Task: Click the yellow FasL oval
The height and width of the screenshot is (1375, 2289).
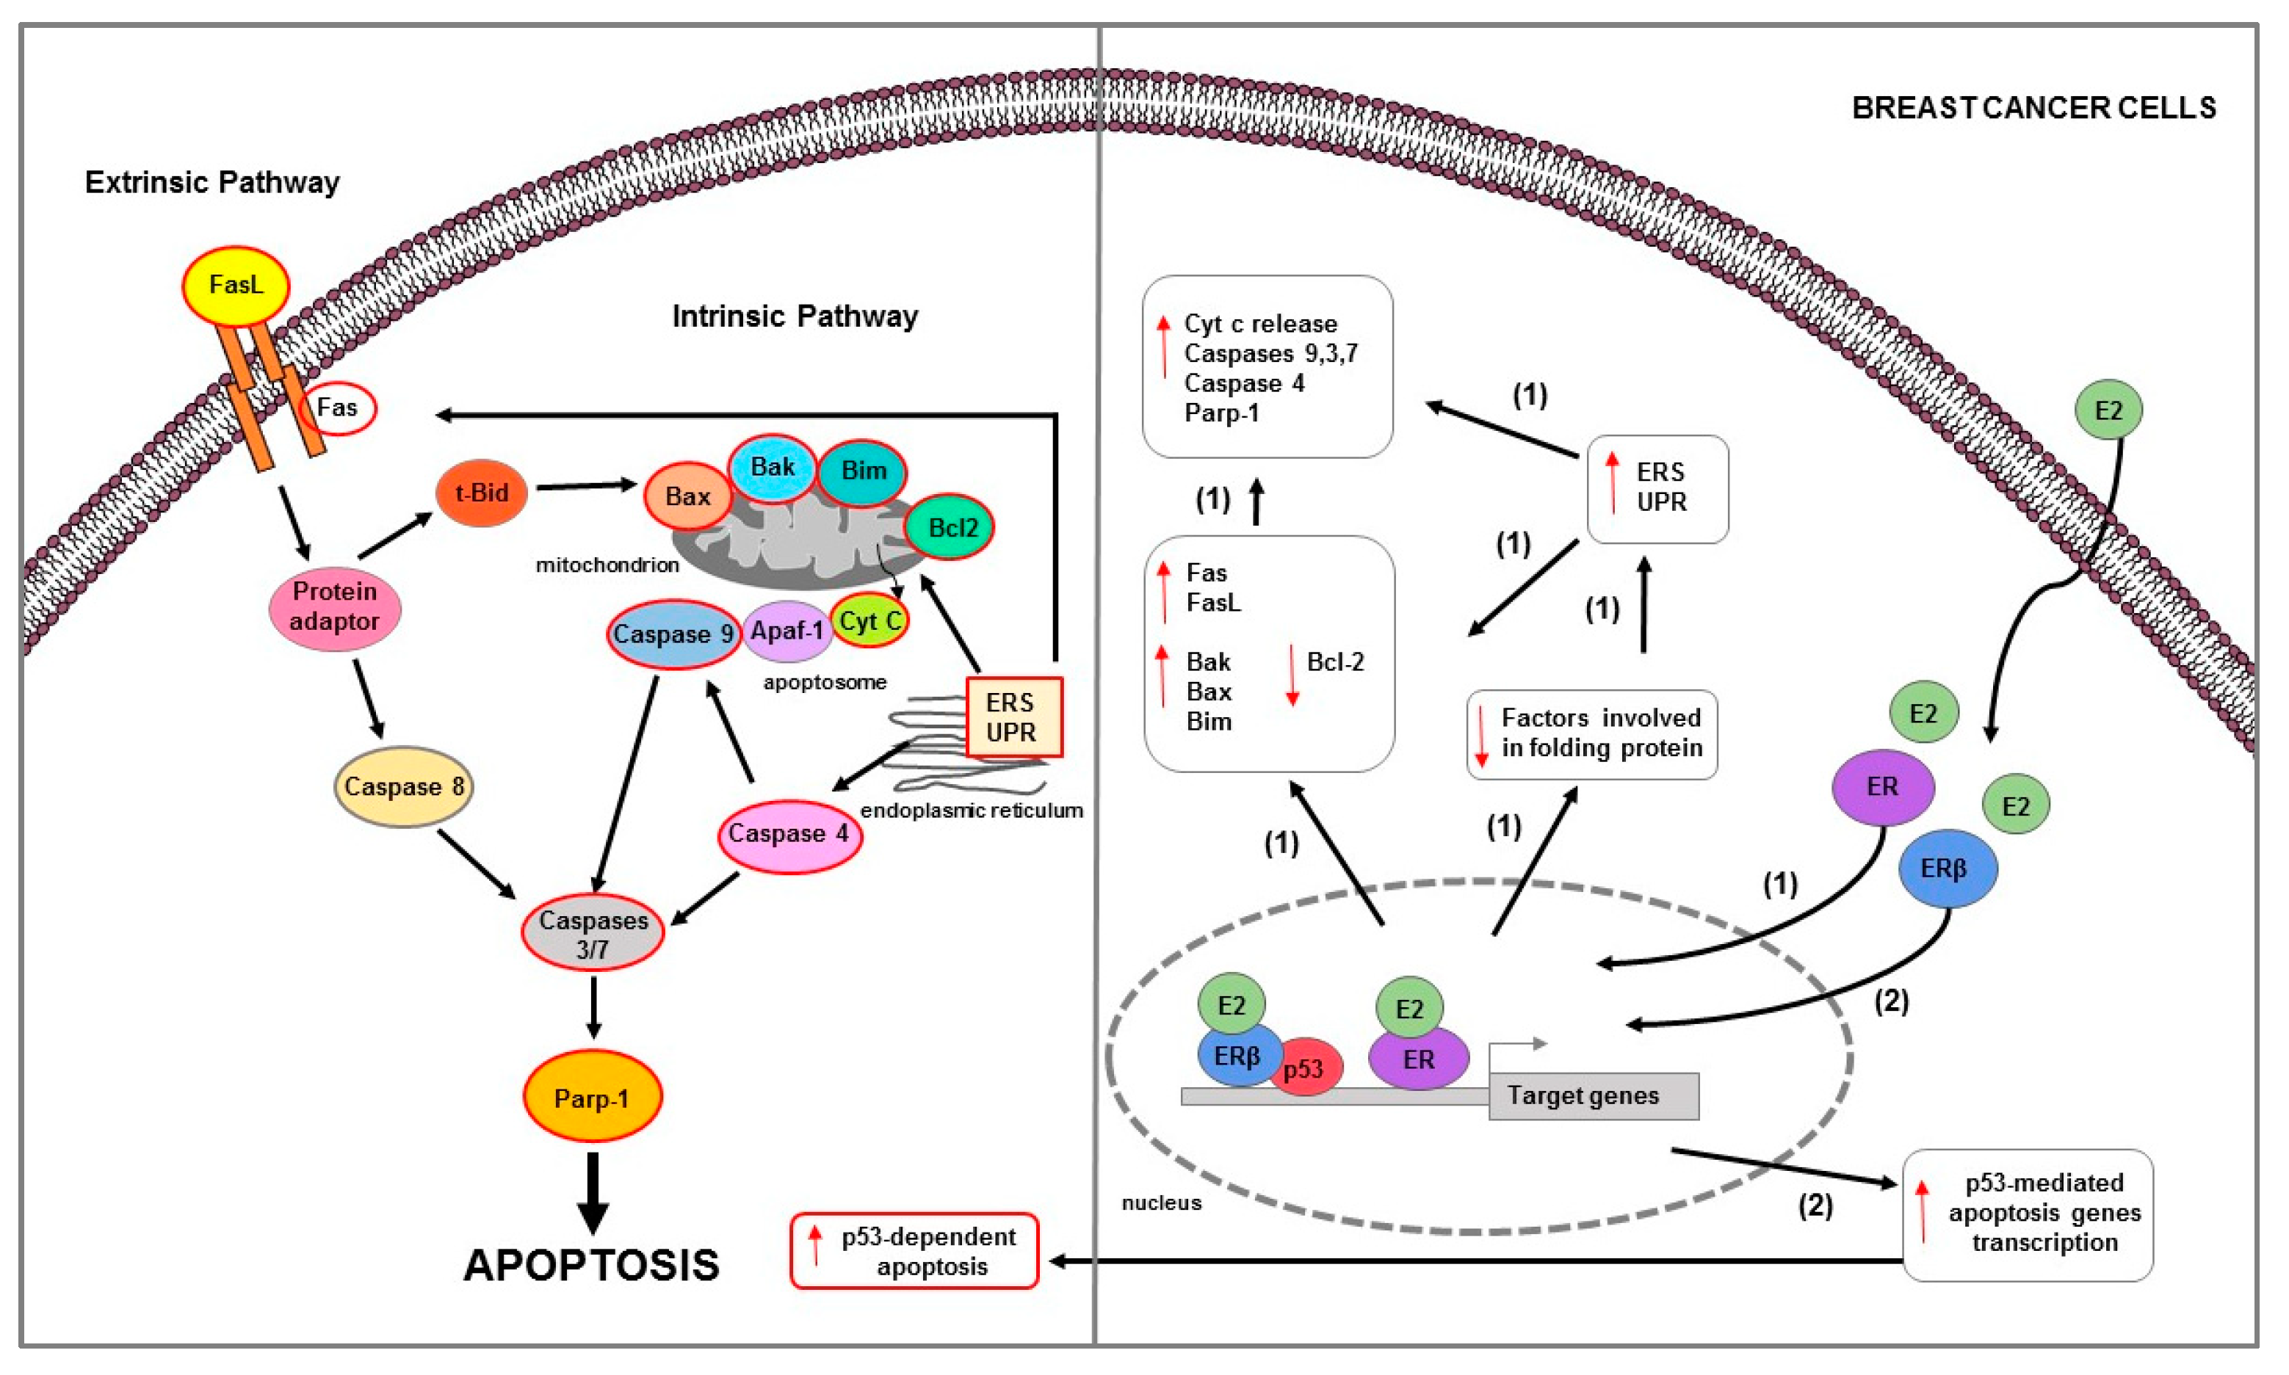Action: [x=236, y=286]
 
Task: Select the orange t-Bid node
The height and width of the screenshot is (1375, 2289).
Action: [x=481, y=493]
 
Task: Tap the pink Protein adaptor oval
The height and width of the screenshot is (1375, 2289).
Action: [x=335, y=608]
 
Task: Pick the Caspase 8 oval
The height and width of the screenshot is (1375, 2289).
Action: [x=403, y=787]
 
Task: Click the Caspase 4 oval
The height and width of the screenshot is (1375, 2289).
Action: [x=789, y=835]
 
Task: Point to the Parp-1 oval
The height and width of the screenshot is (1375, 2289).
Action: [x=592, y=1097]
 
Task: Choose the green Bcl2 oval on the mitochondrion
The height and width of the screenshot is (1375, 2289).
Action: [x=949, y=527]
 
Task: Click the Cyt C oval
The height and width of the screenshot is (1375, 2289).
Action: [x=869, y=621]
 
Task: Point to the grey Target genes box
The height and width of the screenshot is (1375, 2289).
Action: [x=1593, y=1096]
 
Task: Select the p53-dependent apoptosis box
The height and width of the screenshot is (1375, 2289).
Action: [x=914, y=1251]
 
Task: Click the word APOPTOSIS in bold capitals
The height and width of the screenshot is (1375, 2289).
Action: [x=591, y=1266]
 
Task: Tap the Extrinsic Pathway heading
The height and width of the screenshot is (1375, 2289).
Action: [x=212, y=183]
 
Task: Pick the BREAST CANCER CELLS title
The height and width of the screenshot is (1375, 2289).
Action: [x=2034, y=109]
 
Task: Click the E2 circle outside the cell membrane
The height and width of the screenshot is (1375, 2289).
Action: [x=2108, y=410]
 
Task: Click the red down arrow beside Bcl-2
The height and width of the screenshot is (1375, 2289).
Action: [x=1292, y=675]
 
